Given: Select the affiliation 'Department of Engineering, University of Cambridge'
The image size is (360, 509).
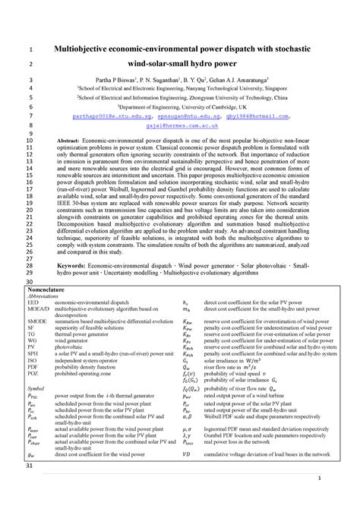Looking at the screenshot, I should click(x=193, y=107).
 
